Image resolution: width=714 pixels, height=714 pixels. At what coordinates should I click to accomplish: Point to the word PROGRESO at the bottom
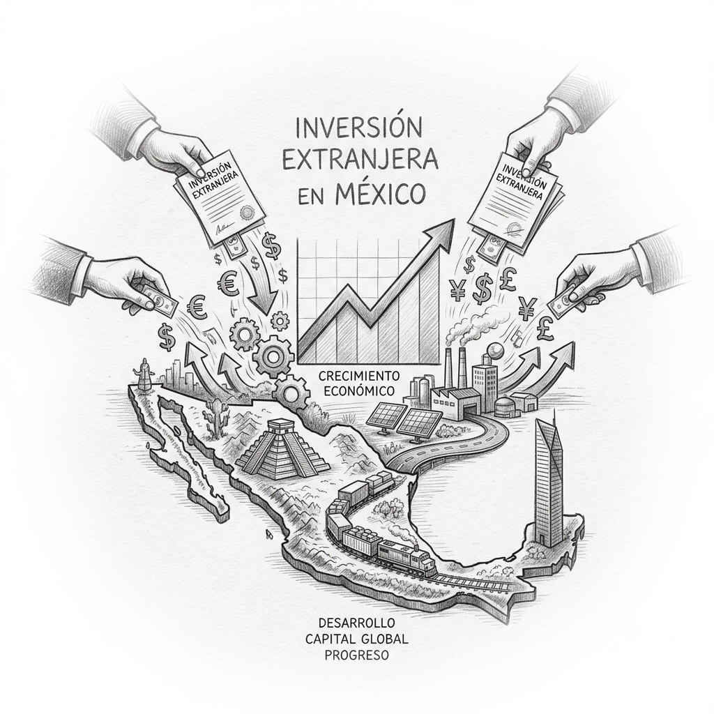tap(357, 655)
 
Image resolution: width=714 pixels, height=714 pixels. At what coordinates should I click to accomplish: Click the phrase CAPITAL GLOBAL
tap(357, 639)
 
